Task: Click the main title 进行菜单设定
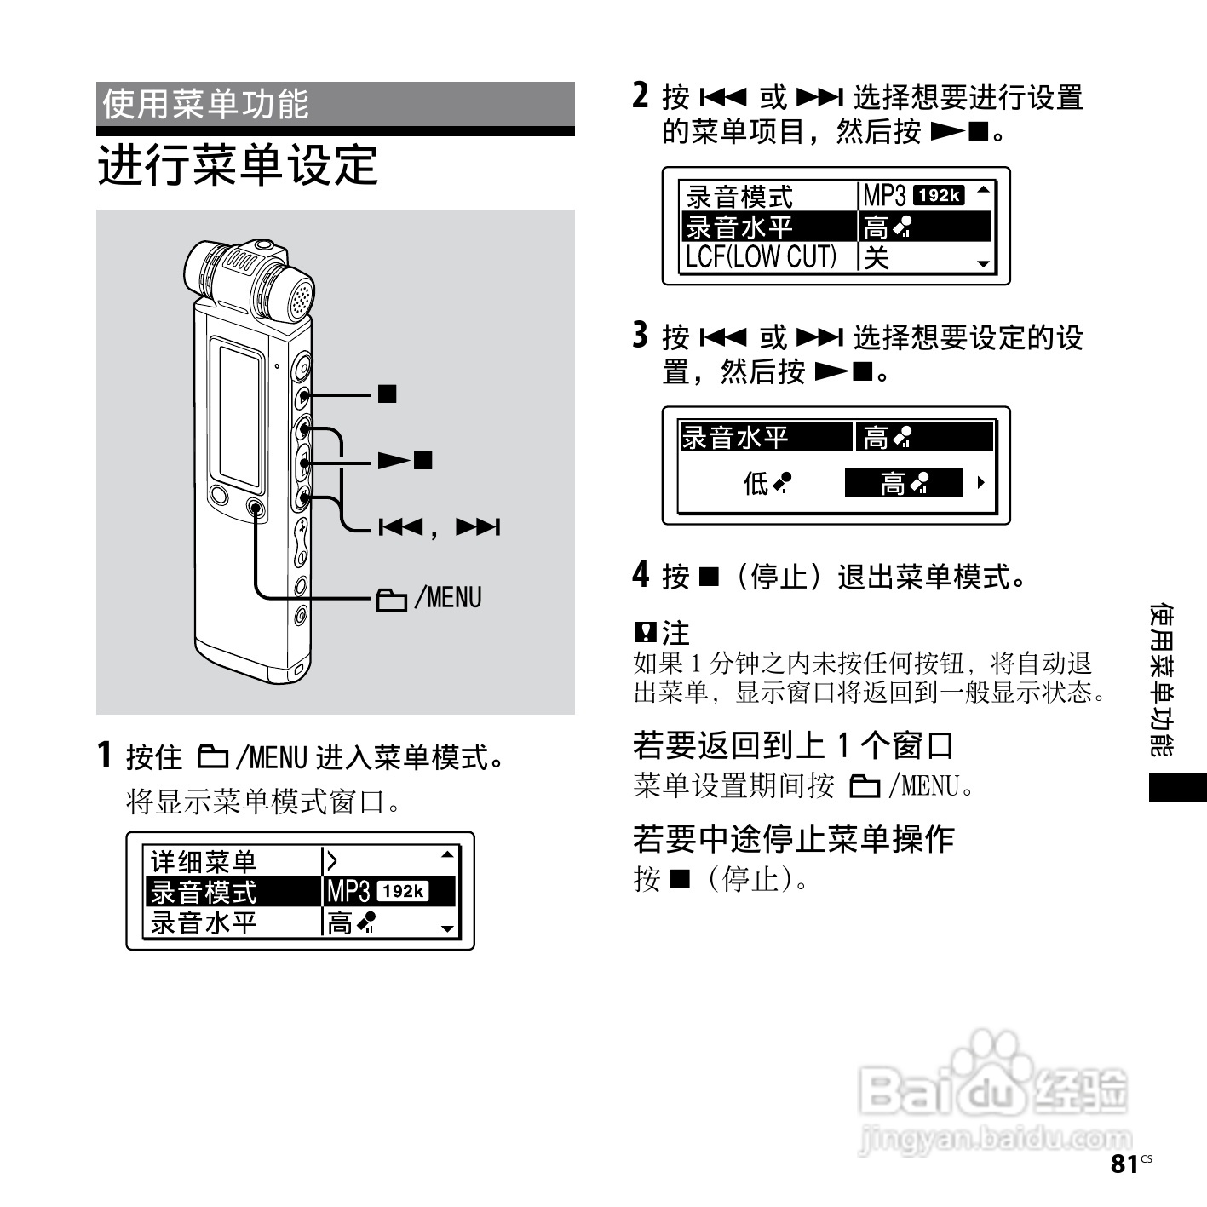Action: (238, 165)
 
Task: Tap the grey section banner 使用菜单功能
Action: (335, 105)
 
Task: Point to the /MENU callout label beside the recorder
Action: (429, 599)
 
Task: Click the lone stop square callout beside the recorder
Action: (388, 394)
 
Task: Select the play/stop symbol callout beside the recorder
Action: (406, 461)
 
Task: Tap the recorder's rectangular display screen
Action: (239, 413)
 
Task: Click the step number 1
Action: (105, 756)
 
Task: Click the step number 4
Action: (641, 575)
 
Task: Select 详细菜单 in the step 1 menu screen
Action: (204, 861)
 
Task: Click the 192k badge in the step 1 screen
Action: (402, 892)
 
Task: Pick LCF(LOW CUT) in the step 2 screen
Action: (762, 256)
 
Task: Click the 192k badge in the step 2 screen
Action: (938, 195)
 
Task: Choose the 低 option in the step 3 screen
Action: (766, 484)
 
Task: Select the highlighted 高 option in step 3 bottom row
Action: (903, 483)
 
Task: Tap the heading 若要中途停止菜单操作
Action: (793, 838)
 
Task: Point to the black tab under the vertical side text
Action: (1177, 786)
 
